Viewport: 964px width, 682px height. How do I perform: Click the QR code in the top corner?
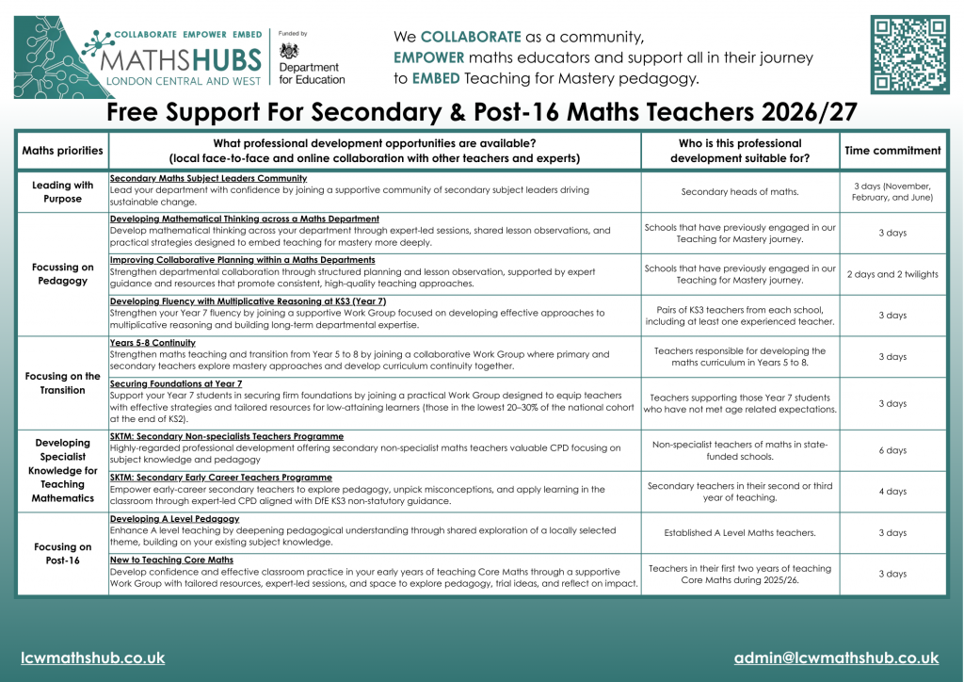click(908, 54)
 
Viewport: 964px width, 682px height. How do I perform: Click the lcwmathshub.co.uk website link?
click(93, 658)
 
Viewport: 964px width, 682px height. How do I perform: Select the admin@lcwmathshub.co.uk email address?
click(836, 658)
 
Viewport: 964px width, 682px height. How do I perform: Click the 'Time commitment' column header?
click(892, 151)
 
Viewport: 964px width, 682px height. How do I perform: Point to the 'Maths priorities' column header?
click(62, 151)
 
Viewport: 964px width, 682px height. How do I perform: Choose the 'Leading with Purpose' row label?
click(62, 192)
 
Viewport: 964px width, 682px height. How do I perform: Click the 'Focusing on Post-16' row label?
click(62, 554)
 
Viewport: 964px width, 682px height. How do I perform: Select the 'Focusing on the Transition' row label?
click(62, 383)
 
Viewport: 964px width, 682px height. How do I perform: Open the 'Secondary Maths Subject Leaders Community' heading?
click(208, 178)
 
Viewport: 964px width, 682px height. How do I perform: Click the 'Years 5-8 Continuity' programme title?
click(153, 343)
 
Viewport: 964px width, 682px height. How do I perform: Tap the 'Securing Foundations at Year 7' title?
click(176, 384)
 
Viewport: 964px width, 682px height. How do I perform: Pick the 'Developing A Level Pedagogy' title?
click(174, 519)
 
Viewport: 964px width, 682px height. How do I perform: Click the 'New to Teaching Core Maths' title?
click(171, 560)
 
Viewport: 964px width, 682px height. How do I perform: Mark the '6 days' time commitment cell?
click(892, 450)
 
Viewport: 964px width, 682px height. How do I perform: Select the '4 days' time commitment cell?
click(892, 492)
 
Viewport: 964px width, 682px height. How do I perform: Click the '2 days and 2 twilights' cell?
click(892, 274)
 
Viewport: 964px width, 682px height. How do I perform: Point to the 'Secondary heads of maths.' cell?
click(740, 192)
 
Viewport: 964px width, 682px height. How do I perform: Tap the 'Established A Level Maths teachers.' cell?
click(740, 533)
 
